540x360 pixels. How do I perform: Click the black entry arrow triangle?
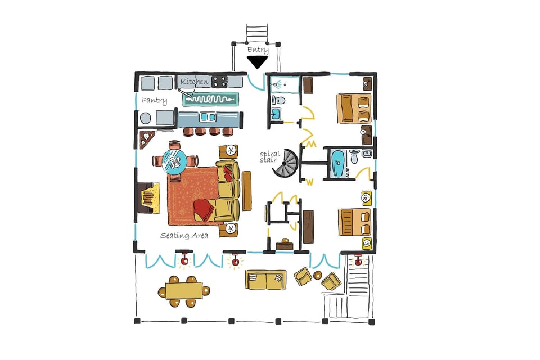pyautogui.click(x=258, y=61)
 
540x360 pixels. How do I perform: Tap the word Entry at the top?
pyautogui.click(x=258, y=49)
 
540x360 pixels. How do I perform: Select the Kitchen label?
pyautogui.click(x=194, y=82)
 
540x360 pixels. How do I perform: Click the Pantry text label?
pyautogui.click(x=154, y=101)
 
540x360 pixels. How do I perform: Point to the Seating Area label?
pyautogui.click(x=184, y=235)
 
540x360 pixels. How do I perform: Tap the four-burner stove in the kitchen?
pyautogui.click(x=219, y=82)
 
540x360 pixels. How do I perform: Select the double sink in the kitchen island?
pyautogui.click(x=208, y=118)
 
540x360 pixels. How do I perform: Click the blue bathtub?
pyautogui.click(x=338, y=164)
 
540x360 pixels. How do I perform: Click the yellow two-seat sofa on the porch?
pyautogui.click(x=265, y=279)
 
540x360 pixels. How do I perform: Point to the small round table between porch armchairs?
pyautogui.click(x=318, y=275)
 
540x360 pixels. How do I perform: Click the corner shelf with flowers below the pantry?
pyautogui.click(x=147, y=138)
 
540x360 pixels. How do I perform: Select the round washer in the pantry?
pyautogui.click(x=146, y=118)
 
